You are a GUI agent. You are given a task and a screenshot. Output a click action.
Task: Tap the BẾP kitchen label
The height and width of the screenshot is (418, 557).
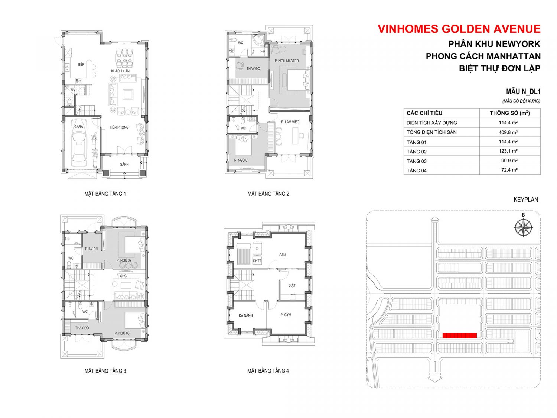tap(81, 64)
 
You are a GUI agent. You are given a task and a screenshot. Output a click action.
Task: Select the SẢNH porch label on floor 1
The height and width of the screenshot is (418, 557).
tap(124, 164)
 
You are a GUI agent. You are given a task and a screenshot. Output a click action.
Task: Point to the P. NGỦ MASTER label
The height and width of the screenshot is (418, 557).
tap(287, 61)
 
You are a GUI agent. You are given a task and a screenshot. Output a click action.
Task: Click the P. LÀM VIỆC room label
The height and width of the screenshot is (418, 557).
tap(290, 122)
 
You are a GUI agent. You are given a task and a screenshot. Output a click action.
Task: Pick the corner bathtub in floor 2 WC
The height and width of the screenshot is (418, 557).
tap(258, 40)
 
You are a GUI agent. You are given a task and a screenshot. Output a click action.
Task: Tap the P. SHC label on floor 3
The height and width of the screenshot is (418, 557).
tap(121, 276)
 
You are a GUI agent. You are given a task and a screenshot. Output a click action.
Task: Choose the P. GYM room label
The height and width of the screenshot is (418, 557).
tap(286, 315)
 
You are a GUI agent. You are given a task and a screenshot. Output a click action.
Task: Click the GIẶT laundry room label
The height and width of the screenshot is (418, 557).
tap(291, 285)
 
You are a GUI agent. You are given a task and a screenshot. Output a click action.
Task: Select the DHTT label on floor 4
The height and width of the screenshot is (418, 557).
tap(257, 261)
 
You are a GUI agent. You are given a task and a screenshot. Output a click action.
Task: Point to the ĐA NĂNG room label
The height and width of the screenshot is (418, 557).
tap(245, 315)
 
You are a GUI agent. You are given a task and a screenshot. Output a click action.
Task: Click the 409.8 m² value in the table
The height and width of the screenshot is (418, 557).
tap(508, 132)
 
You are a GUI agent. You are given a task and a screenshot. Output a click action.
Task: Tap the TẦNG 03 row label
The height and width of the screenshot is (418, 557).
tap(416, 161)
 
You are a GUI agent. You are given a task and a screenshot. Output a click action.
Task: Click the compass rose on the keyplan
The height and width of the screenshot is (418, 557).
tap(523, 227)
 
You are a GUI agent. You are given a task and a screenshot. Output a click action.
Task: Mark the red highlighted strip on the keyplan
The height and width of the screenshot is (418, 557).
tap(459, 336)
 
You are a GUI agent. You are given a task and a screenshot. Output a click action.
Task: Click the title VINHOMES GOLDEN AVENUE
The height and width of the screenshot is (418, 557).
tap(459, 29)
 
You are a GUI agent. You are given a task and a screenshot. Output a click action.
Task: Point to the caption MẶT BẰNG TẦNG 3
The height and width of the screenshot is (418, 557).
tap(105, 371)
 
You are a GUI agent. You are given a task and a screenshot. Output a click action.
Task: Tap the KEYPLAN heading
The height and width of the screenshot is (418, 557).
tap(525, 200)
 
